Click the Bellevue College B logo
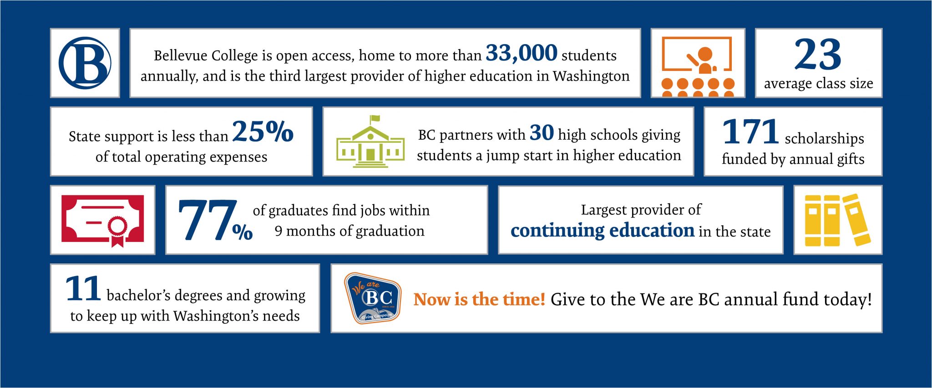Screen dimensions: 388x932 [x=85, y=63]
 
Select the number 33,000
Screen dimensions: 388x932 [x=521, y=53]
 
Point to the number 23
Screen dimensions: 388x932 [x=818, y=55]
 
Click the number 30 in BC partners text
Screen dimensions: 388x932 [x=542, y=133]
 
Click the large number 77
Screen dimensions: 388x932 [x=208, y=220]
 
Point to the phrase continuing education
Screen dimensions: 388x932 [x=602, y=231]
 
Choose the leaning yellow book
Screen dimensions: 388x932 [x=856, y=219]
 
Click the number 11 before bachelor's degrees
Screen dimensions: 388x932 [x=83, y=289]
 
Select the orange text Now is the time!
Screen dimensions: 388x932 [x=479, y=299]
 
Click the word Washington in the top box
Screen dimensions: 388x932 [x=591, y=76]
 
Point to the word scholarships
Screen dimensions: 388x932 [x=824, y=138]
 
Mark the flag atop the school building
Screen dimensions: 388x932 [x=375, y=119]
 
